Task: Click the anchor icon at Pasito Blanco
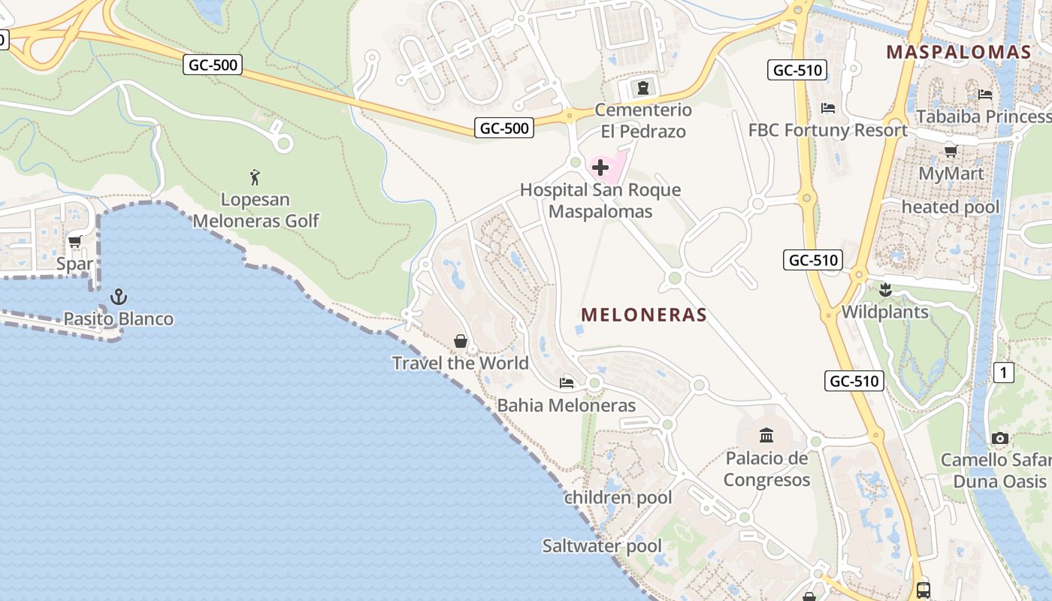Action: [118, 297]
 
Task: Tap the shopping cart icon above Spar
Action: [74, 242]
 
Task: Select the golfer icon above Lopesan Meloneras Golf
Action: [255, 178]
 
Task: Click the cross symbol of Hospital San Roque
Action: [600, 167]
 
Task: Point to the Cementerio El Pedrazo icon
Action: [642, 88]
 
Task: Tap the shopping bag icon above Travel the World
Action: [461, 342]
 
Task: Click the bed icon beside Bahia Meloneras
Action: [567, 383]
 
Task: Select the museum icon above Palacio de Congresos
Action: [766, 435]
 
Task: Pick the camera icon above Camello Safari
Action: [999, 438]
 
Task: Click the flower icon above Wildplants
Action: [885, 289]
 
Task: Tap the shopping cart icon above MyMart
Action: [951, 151]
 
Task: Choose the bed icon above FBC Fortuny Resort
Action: [828, 108]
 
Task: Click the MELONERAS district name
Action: [644, 315]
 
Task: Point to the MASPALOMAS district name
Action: [958, 52]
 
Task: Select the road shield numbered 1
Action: [1003, 372]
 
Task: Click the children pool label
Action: [618, 497]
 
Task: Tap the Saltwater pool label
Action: [602, 546]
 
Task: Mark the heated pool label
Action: [951, 207]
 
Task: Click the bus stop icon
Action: [924, 590]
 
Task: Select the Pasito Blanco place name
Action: [118, 319]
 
